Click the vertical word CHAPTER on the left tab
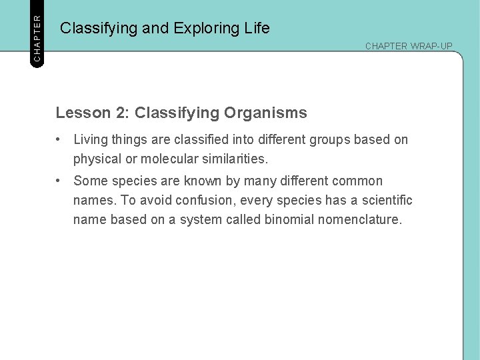[37, 32]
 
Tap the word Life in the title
[257, 28]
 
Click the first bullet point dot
[59, 140]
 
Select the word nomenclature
[363, 220]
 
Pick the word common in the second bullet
[359, 181]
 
